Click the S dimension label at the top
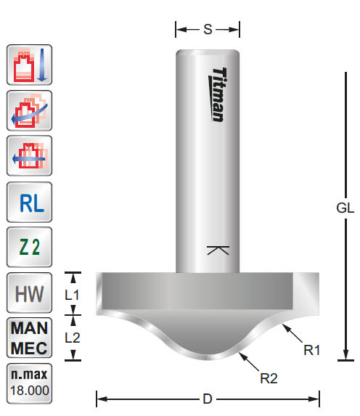(208, 30)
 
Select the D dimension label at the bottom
(208, 398)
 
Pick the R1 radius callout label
(312, 350)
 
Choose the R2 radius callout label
(269, 378)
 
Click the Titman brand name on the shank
(220, 94)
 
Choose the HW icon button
(30, 294)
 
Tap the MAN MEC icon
(30, 338)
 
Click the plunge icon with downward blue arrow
(30, 65)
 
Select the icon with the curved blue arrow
(30, 110)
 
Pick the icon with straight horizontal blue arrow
(30, 155)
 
